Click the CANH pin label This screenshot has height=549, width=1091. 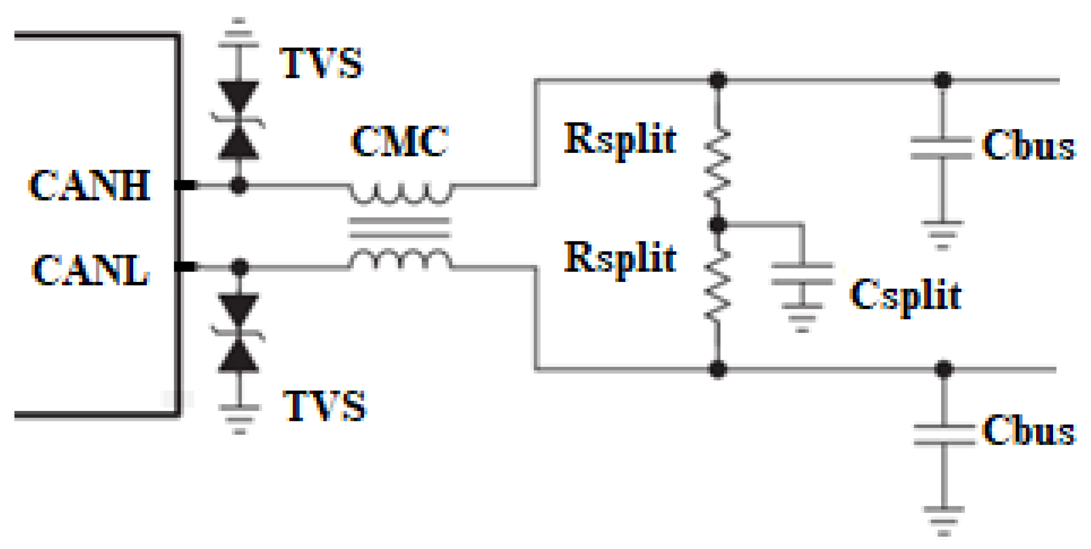pyautogui.click(x=90, y=185)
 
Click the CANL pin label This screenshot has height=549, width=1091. pyautogui.click(x=91, y=270)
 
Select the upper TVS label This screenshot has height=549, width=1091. pyautogui.click(x=321, y=63)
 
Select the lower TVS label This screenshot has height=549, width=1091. pyautogui.click(x=324, y=406)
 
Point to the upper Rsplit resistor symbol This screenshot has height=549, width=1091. pyautogui.click(x=717, y=165)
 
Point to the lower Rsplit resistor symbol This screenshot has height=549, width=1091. pyautogui.click(x=717, y=286)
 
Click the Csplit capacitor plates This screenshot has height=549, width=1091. pyautogui.click(x=802, y=274)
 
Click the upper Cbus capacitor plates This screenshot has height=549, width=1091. pyautogui.click(x=942, y=148)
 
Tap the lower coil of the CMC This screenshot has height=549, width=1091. pyautogui.click(x=400, y=259)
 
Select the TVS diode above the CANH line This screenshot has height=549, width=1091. pyautogui.click(x=238, y=120)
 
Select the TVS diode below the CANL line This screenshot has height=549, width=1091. pyautogui.click(x=239, y=333)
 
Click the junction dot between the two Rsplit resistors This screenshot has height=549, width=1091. pyautogui.click(x=718, y=225)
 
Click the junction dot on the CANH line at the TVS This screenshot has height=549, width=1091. pyautogui.click(x=238, y=186)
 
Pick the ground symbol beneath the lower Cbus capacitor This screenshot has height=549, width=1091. pyautogui.click(x=944, y=520)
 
